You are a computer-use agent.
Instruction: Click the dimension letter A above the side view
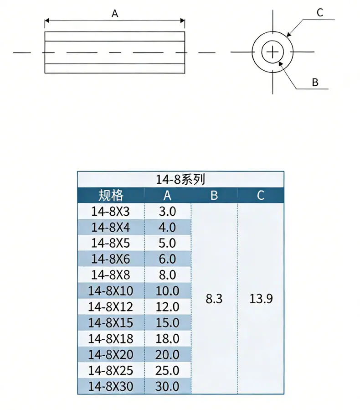click(x=115, y=13)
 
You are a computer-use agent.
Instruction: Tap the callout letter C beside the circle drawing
click(x=320, y=13)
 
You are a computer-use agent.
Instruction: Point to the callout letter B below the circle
click(x=315, y=83)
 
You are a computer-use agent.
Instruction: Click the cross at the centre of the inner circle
click(x=273, y=52)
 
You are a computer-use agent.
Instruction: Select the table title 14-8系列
click(x=180, y=179)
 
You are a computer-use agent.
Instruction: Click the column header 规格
click(x=111, y=195)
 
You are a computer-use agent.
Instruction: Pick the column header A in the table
click(x=167, y=196)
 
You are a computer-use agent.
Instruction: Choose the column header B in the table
click(x=214, y=196)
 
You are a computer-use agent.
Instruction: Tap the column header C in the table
click(x=261, y=196)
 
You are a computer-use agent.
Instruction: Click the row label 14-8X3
click(x=111, y=212)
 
